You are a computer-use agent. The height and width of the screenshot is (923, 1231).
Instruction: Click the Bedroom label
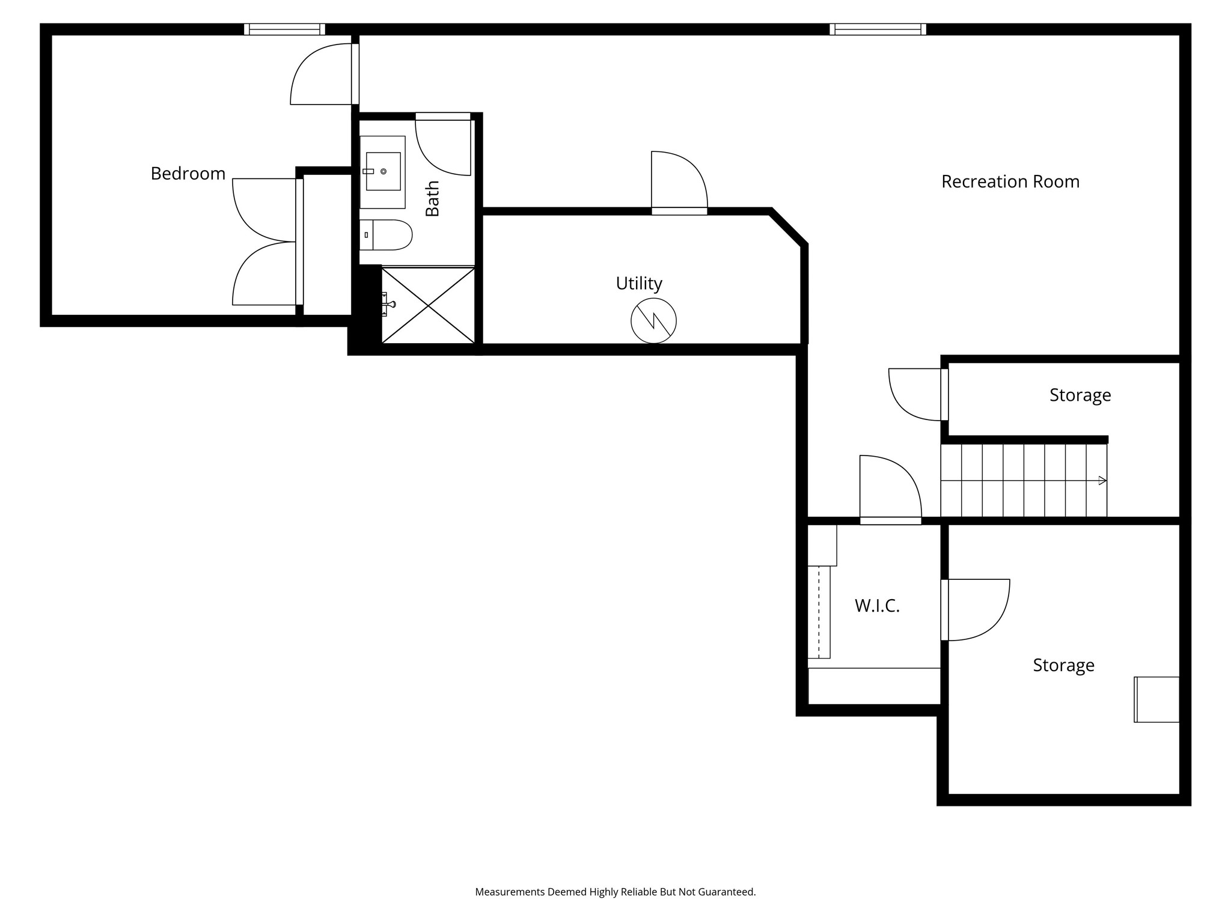(188, 174)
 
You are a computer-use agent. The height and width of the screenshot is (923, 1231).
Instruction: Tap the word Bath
(432, 199)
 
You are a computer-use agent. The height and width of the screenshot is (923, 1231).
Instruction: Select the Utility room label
(638, 283)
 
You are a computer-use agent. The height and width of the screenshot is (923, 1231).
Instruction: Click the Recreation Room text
(1010, 181)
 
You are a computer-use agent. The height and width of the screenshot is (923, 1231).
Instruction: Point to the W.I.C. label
(877, 606)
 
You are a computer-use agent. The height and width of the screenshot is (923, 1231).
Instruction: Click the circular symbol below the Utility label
(653, 321)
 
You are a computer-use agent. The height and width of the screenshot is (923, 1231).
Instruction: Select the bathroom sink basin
(383, 172)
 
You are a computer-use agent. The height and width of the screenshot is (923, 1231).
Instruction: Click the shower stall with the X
(428, 306)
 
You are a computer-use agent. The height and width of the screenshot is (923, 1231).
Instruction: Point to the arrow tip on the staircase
(1103, 480)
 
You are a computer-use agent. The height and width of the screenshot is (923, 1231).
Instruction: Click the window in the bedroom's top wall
(284, 29)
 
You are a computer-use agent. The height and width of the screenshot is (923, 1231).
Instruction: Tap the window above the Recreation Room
(877, 29)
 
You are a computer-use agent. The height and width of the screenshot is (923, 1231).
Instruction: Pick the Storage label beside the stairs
(1080, 395)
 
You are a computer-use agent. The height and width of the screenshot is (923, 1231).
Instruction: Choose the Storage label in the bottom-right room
(1063, 665)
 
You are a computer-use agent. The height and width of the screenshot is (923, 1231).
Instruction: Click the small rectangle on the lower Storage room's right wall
(1156, 699)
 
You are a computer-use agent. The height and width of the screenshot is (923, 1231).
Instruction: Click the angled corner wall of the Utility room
(788, 228)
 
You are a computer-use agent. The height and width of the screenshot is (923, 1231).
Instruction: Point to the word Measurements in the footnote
(509, 892)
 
